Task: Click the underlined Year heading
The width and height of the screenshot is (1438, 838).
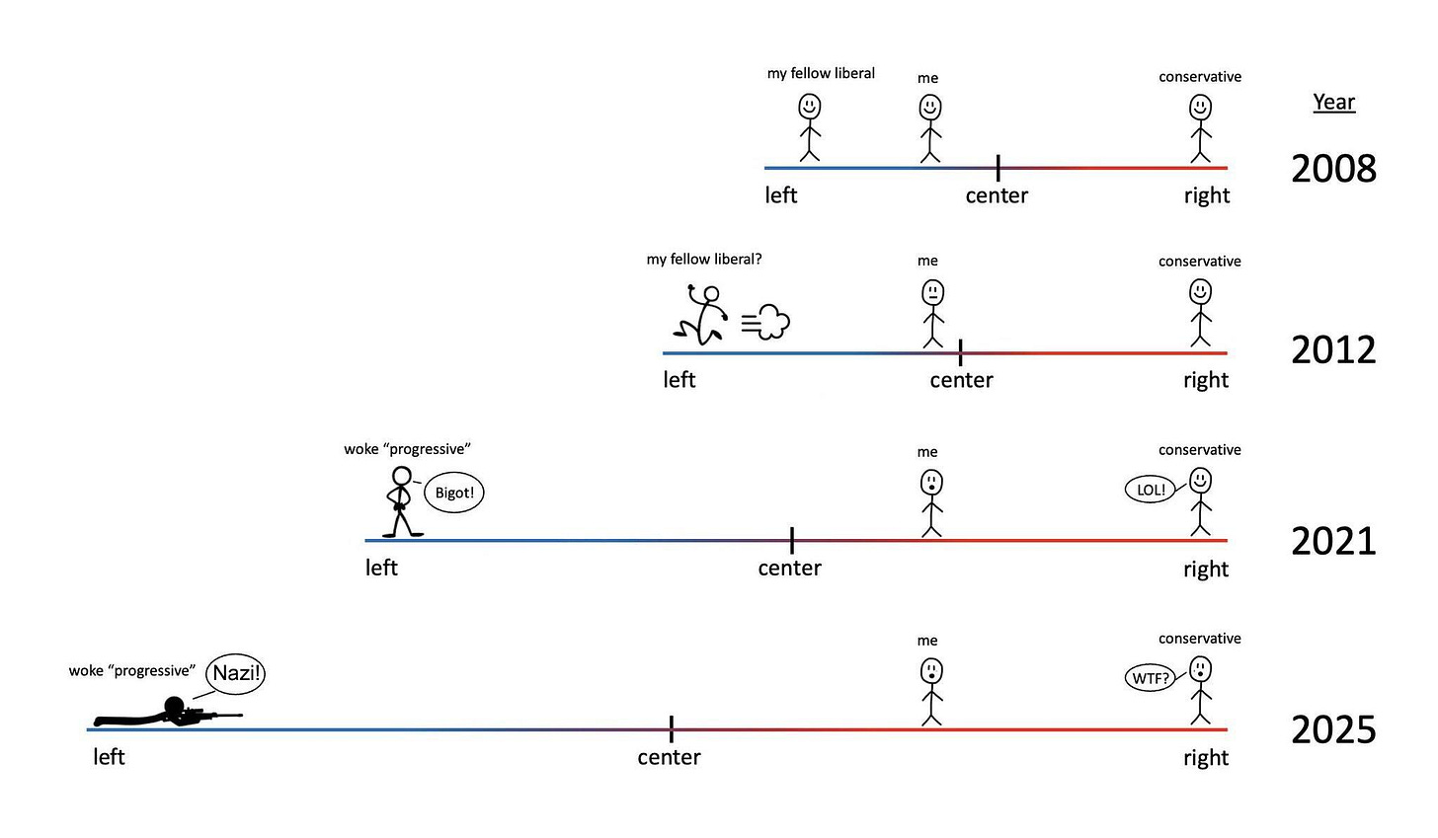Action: point(1333,103)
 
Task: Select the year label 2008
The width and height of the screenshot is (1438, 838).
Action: point(1333,169)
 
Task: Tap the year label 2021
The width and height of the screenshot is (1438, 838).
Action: point(1333,541)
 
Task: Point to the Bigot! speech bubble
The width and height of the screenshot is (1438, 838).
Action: point(454,493)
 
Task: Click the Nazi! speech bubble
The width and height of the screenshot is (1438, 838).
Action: point(236,673)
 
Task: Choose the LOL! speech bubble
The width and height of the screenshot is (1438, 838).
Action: point(1151,489)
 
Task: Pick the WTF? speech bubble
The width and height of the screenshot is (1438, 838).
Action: point(1151,678)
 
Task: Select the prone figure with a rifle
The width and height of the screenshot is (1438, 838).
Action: point(168,713)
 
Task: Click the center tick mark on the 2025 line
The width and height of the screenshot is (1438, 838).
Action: point(672,729)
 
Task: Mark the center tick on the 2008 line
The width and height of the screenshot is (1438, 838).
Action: point(998,168)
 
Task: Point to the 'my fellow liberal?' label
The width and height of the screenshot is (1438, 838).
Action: point(704,260)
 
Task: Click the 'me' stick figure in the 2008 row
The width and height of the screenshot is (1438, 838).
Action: point(930,127)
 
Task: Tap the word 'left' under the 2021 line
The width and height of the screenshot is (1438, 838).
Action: point(381,568)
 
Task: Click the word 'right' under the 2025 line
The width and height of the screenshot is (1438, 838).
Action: point(1206,758)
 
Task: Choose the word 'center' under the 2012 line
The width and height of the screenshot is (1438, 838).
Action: point(961,380)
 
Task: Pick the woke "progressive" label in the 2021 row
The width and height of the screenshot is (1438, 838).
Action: point(407,449)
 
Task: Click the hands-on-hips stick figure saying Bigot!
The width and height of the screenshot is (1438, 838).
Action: point(400,501)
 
